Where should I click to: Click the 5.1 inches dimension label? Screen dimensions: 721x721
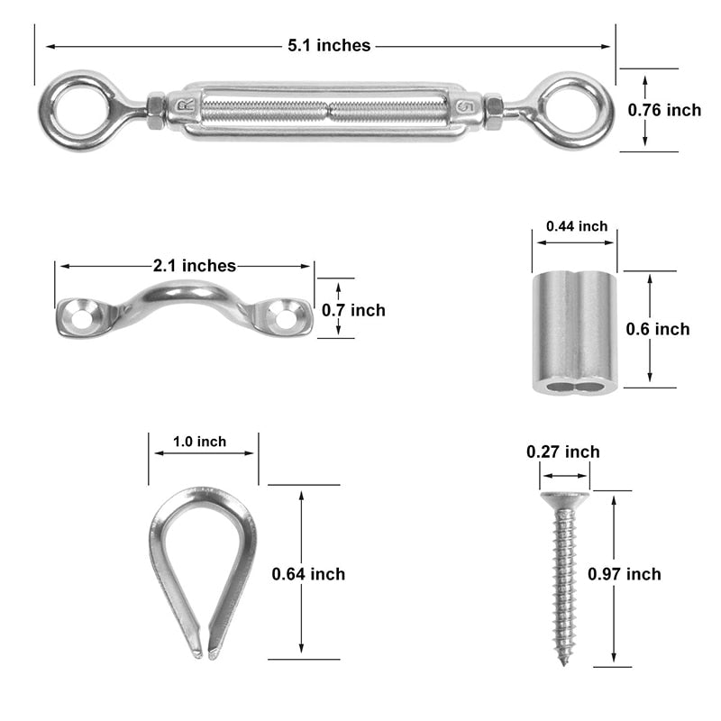click(329, 45)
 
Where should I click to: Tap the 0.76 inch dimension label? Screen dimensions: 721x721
click(664, 110)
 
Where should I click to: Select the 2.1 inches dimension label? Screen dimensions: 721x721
click(195, 266)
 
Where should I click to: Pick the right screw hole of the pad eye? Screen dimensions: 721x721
click(285, 316)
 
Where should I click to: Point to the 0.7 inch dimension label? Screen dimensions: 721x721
click(354, 310)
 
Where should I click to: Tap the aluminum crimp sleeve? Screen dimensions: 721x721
click(574, 333)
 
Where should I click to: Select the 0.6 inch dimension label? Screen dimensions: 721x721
click(660, 329)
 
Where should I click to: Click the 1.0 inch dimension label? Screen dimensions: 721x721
click(199, 442)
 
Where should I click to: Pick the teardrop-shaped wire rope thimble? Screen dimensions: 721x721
click(203, 568)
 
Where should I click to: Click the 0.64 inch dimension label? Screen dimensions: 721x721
click(308, 574)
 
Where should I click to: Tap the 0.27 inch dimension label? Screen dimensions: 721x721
click(563, 452)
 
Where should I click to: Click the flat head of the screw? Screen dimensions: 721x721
click(564, 497)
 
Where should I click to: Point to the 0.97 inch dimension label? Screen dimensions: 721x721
click(624, 574)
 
